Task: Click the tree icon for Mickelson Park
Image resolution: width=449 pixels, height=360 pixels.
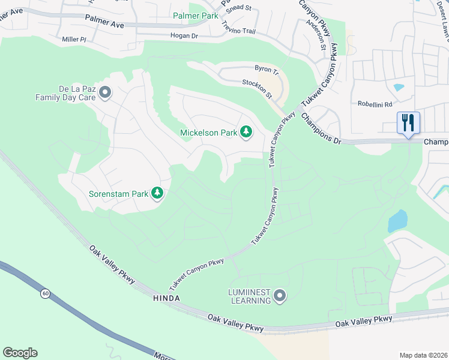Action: tap(246, 132)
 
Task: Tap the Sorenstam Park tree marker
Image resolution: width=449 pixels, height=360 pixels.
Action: tap(157, 193)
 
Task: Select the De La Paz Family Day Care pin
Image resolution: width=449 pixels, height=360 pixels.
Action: tap(105, 93)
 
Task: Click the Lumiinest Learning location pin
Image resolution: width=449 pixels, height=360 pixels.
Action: tap(279, 295)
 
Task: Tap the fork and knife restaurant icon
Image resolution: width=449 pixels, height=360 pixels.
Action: tap(408, 123)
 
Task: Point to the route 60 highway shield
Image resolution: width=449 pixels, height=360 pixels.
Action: tap(45, 293)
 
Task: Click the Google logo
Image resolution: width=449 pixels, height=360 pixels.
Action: tap(20, 353)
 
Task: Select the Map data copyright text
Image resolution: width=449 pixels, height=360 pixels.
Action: tap(423, 355)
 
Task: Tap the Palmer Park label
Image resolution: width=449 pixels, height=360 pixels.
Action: tap(196, 16)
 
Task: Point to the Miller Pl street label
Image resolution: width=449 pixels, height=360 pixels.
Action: tap(74, 39)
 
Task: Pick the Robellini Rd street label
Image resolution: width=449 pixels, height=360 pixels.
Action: tap(375, 103)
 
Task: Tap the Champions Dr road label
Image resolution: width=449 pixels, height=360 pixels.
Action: tap(321, 128)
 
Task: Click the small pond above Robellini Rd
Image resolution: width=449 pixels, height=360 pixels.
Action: tap(399, 88)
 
